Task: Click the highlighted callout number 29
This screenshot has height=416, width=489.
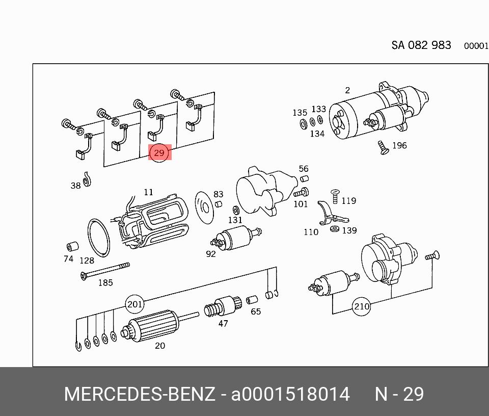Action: (159, 152)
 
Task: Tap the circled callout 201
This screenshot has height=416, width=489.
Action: (134, 304)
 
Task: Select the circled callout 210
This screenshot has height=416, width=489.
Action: (362, 307)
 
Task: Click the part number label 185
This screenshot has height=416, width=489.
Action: (105, 282)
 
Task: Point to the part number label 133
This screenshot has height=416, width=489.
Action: (319, 109)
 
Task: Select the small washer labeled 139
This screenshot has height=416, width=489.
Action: (334, 229)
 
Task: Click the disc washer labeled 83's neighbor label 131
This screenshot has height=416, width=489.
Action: (235, 220)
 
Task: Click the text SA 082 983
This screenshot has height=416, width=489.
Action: (421, 45)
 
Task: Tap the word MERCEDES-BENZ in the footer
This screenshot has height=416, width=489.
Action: (140, 395)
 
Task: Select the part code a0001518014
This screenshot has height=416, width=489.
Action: (291, 395)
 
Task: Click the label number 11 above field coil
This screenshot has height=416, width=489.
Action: (148, 192)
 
